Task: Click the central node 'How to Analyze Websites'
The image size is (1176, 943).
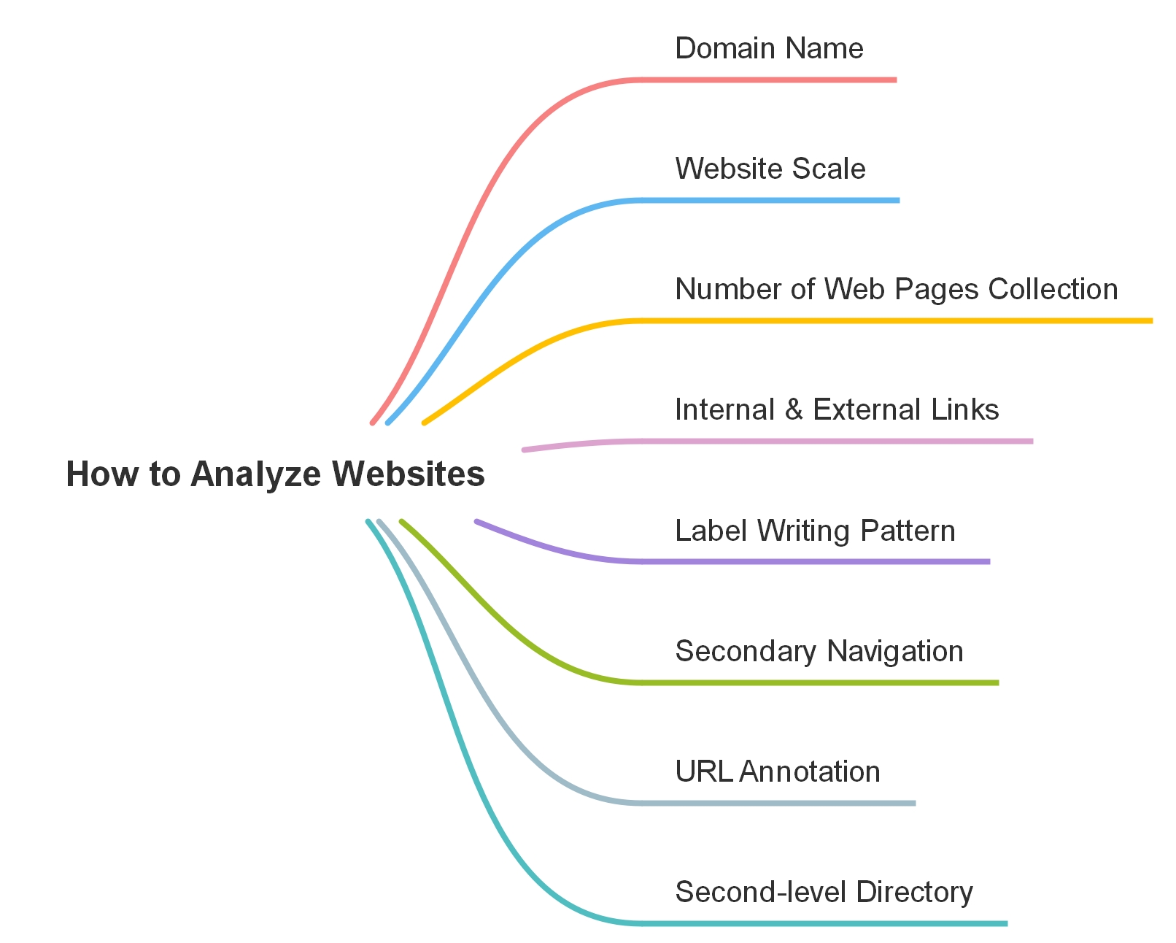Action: click(x=275, y=474)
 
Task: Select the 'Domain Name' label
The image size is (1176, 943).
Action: click(x=769, y=48)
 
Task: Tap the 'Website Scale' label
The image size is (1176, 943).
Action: click(x=770, y=169)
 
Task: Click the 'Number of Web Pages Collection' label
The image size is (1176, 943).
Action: click(x=896, y=289)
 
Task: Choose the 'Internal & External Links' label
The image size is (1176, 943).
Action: click(x=836, y=409)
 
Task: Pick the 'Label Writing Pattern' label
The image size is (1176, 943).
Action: click(x=815, y=531)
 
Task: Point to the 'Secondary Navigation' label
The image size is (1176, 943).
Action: click(x=819, y=651)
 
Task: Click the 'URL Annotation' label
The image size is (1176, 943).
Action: click(x=777, y=771)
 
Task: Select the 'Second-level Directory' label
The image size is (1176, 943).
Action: click(x=824, y=892)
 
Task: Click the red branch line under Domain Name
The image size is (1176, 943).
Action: click(x=766, y=80)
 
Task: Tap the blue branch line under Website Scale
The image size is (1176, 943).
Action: click(x=766, y=200)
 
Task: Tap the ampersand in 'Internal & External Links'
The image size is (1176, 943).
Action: click(x=794, y=409)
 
